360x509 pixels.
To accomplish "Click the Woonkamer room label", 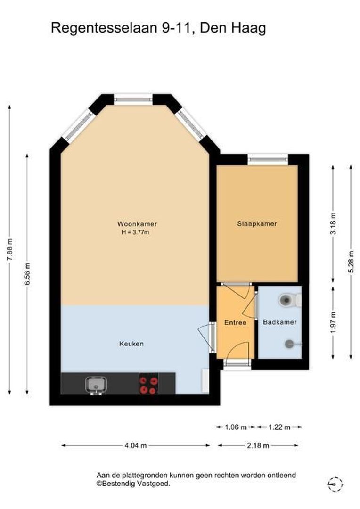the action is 137,224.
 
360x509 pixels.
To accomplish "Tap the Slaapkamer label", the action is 257,224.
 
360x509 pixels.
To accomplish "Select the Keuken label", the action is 131,344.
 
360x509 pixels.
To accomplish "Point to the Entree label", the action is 235,323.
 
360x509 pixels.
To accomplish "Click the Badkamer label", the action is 280,322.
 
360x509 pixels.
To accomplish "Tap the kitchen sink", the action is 96,386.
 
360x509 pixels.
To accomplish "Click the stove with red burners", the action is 149,384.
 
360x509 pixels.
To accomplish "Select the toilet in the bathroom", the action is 290,300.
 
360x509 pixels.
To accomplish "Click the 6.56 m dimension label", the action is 28,274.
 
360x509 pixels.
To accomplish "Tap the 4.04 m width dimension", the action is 136,446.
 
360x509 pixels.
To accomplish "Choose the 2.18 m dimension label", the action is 258,446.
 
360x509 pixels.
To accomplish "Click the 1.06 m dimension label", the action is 236,427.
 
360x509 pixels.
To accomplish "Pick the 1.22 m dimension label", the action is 279,427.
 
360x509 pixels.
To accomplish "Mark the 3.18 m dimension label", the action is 333,224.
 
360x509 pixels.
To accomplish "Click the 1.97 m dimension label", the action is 333,323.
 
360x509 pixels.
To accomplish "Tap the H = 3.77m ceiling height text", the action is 135,232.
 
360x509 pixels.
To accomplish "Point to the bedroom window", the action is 268,159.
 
